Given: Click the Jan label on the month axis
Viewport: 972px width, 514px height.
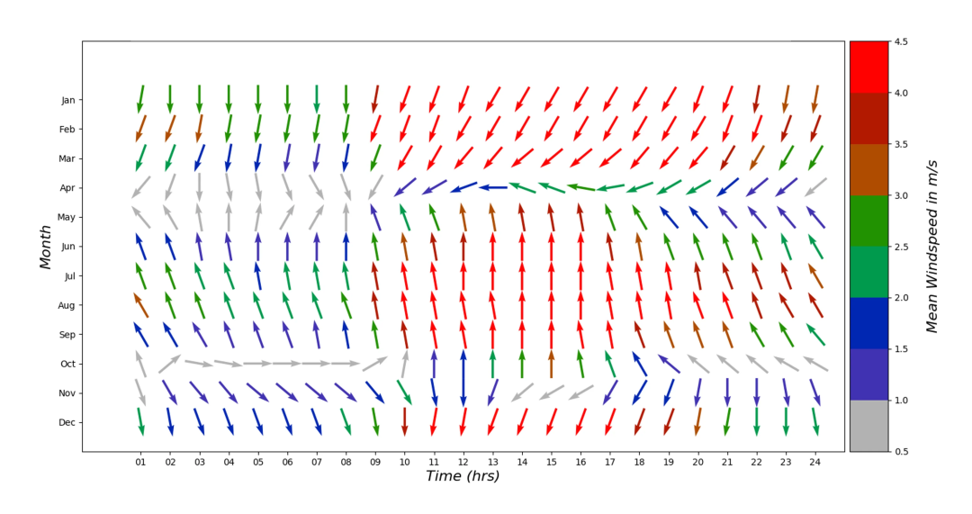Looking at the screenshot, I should (67, 100).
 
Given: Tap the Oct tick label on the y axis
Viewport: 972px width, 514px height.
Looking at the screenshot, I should (67, 364).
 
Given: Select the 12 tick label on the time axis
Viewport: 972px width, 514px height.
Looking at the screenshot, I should (463, 463).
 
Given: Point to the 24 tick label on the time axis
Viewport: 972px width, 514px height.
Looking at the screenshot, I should (815, 463).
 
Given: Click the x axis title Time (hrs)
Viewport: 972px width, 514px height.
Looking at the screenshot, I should (463, 477).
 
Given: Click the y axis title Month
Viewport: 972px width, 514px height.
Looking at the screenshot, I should (46, 247).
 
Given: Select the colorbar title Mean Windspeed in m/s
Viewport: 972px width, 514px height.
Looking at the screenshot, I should (932, 246).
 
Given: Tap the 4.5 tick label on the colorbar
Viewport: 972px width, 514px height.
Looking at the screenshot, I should (904, 41).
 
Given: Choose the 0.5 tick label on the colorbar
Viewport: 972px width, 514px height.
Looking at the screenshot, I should (904, 451).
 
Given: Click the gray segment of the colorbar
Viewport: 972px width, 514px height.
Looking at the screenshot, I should (868, 426).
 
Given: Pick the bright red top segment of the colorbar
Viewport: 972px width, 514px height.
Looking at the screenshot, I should (868, 67).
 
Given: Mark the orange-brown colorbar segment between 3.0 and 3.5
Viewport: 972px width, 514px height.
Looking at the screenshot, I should (868, 169).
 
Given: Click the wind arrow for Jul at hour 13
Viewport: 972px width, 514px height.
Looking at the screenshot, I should (492, 275).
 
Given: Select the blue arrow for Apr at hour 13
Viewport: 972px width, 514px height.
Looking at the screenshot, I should (492, 187).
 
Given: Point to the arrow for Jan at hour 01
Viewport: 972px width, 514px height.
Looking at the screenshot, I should (140, 99).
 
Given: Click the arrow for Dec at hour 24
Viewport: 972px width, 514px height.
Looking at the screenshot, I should (815, 421).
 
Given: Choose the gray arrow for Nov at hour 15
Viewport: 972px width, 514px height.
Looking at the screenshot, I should (551, 392).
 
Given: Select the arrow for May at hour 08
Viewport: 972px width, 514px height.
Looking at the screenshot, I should (346, 217).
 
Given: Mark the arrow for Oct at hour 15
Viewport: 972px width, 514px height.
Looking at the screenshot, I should (551, 364).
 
